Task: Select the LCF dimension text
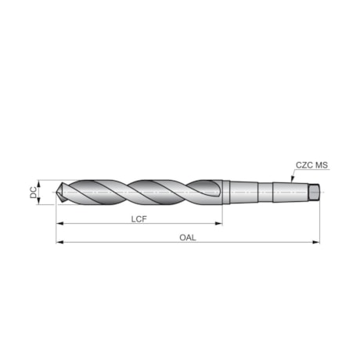point(139,220)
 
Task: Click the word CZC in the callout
point(304,165)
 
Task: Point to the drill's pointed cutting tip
point(59,193)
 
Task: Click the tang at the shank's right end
point(315,190)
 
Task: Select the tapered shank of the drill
point(266,190)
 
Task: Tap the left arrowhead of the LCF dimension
point(59,225)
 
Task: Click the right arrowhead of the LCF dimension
point(219,225)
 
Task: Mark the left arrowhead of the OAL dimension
point(59,243)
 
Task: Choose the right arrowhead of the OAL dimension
point(316,243)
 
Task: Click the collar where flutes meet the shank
point(226,191)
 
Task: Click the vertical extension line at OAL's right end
point(319,223)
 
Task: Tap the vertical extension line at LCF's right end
point(222,215)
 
